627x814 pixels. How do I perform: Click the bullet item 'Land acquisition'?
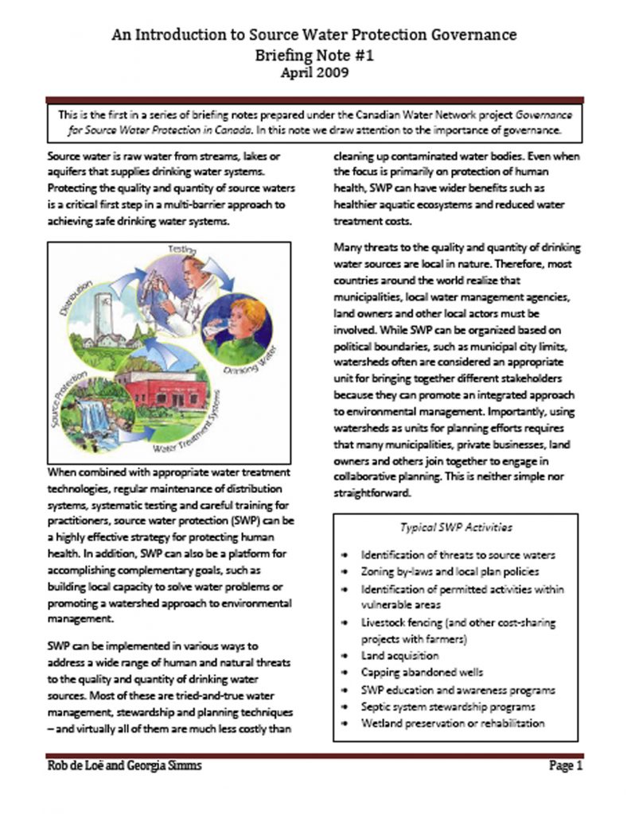(x=399, y=656)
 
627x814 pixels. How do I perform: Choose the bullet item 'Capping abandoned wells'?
(x=422, y=673)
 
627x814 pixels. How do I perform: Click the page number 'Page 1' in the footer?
(x=566, y=767)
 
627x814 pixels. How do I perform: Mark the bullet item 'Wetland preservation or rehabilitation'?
(x=453, y=723)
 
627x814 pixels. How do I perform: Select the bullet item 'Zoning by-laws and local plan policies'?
(x=449, y=572)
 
